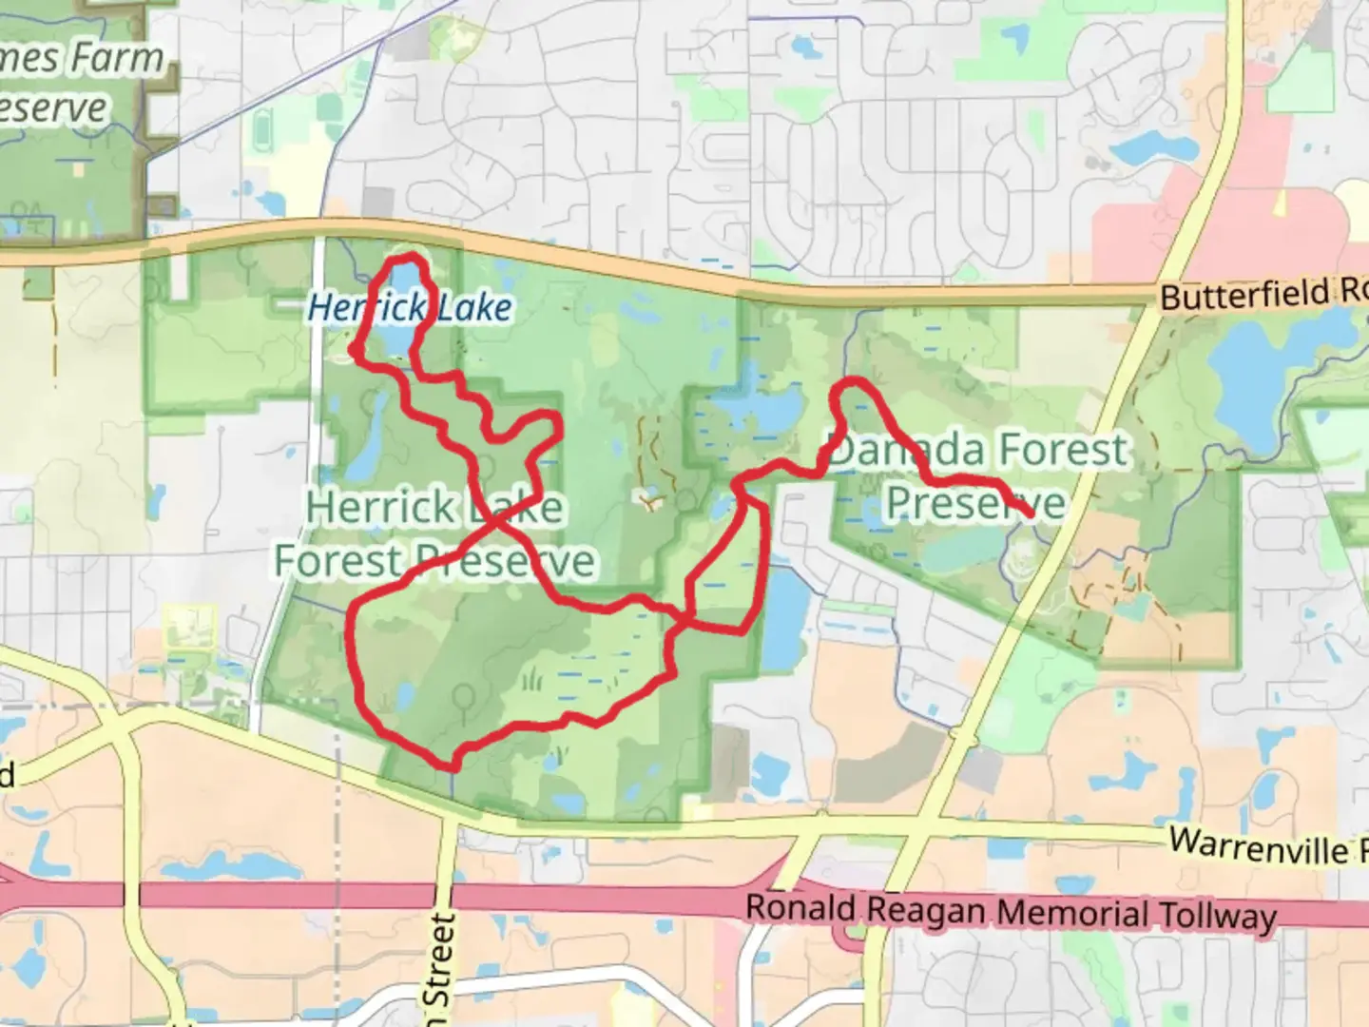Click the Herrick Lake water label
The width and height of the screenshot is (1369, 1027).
click(x=410, y=307)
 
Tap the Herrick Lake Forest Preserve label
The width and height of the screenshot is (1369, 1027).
click(x=434, y=534)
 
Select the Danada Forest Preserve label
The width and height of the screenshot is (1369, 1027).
click(x=977, y=475)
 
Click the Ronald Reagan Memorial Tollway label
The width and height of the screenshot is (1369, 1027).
click(x=1010, y=912)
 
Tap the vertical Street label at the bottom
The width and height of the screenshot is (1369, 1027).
click(x=438, y=960)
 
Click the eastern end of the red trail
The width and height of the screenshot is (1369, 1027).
click(x=1032, y=514)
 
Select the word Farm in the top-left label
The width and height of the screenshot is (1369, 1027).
click(x=118, y=59)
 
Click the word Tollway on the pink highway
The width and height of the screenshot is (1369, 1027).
click(x=1218, y=917)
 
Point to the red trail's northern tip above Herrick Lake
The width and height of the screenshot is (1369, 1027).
click(x=407, y=259)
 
